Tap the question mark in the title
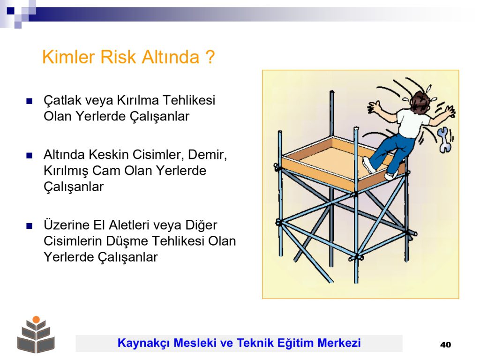point(210,57)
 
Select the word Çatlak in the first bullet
point(62,101)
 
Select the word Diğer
point(201,225)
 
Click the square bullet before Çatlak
point(30,101)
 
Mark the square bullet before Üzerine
point(30,226)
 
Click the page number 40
point(445,345)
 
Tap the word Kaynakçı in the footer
point(143,343)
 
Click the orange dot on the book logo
point(36,319)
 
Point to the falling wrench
point(444,140)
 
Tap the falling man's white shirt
point(412,123)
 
